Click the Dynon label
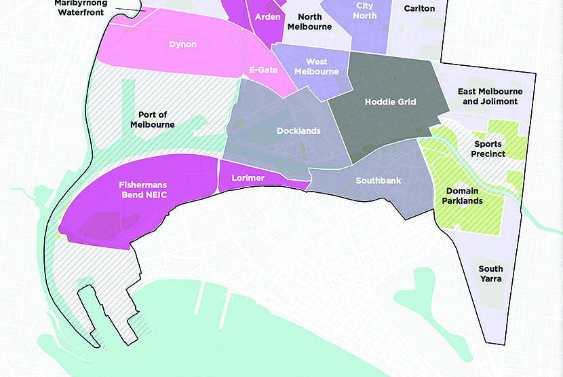(183, 45)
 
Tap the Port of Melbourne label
(153, 120)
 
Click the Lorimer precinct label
(248, 178)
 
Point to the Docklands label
(298, 131)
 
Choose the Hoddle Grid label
(390, 102)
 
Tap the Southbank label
(378, 181)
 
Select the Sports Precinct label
(489, 149)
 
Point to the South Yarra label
(490, 274)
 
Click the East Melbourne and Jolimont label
(487, 96)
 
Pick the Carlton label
(419, 9)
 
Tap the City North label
(364, 10)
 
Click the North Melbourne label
(310, 22)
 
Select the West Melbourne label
(316, 67)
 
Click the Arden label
(269, 17)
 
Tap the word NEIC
(155, 195)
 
